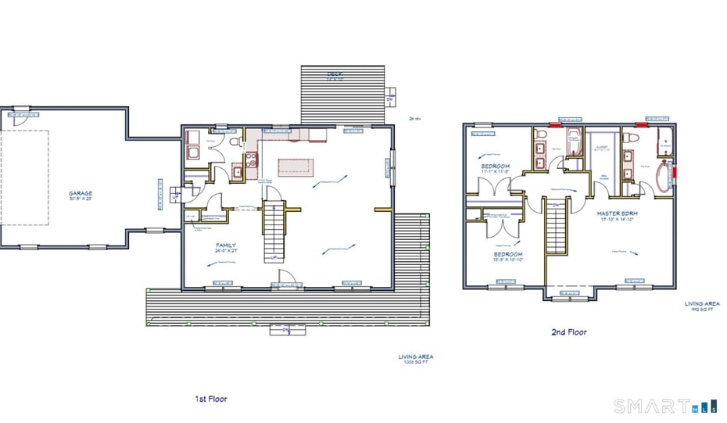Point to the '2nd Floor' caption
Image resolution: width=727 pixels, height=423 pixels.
(569, 332)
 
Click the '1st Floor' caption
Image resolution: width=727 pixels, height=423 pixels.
(211, 399)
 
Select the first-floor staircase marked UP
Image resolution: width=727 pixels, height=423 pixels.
(274, 231)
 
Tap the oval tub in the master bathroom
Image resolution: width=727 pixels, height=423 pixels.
(664, 176)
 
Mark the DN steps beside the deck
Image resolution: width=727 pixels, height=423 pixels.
(390, 100)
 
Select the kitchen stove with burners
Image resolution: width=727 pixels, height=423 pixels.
(252, 160)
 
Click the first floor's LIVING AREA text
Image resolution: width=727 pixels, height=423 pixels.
(416, 359)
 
